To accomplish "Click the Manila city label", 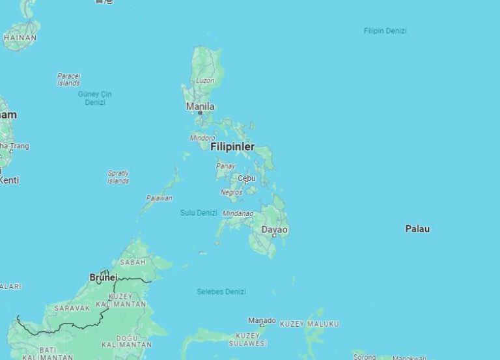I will point(200,106).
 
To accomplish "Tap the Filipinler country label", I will point(232,146).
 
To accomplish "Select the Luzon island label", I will point(205,81).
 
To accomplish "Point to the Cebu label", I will point(246,178).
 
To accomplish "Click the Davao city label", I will point(274,229).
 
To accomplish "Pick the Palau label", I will point(417,228).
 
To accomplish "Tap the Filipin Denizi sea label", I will point(385,31).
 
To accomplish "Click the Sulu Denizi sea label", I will point(199,213).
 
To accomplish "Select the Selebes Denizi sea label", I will point(221,292).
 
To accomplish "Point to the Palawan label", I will point(160,198).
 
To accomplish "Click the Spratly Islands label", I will point(118,177).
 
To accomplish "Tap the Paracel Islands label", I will point(68,79).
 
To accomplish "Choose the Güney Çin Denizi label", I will point(95,98).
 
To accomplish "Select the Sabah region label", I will point(132,262).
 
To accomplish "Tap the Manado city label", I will point(262,320).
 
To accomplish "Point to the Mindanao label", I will point(238,213).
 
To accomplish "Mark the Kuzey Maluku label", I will point(309,324).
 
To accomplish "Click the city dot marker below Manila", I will point(200,113).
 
